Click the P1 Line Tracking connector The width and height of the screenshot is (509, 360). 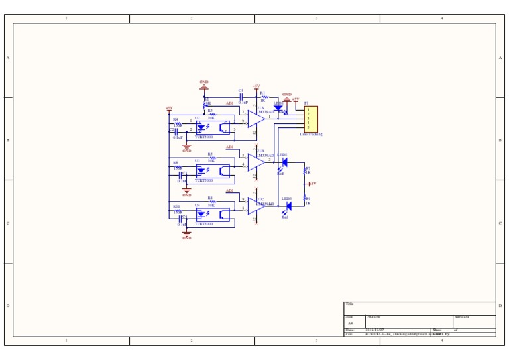[x=311, y=119]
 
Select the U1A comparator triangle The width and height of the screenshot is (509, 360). [x=256, y=119]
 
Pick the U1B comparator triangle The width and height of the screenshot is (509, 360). [x=256, y=162]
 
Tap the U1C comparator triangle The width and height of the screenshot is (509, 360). [x=256, y=206]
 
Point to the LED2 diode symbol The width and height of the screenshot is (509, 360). [x=284, y=162]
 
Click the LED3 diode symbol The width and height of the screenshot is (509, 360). [x=288, y=206]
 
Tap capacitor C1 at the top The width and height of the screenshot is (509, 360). [x=241, y=97]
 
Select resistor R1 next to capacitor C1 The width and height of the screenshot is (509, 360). [x=264, y=97]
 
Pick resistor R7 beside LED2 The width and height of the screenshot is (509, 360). [x=305, y=171]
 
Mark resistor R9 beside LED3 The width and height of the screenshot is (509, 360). [x=305, y=198]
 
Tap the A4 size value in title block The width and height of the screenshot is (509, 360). [x=351, y=324]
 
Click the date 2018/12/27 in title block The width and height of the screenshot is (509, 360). [x=374, y=330]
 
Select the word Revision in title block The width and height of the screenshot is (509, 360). [x=462, y=317]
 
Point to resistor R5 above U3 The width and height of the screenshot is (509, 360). [x=212, y=158]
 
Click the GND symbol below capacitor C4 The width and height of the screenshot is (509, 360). [x=187, y=233]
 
